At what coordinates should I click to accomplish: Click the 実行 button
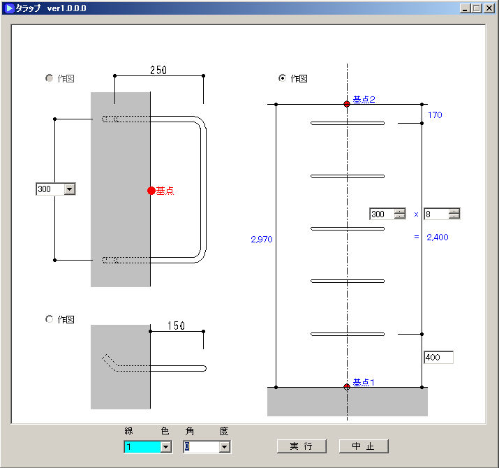point(301,446)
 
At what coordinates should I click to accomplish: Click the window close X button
point(489,8)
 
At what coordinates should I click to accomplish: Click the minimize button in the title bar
point(465,8)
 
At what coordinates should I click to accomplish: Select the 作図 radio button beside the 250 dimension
point(49,78)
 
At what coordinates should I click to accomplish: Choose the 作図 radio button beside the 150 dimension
point(49,319)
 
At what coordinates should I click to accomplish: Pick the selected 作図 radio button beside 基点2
point(282,78)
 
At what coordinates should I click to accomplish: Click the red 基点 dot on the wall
point(151,191)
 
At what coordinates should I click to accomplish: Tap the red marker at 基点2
point(347,104)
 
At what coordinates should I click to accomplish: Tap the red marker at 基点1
point(347,387)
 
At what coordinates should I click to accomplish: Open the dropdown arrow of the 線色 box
point(165,447)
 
